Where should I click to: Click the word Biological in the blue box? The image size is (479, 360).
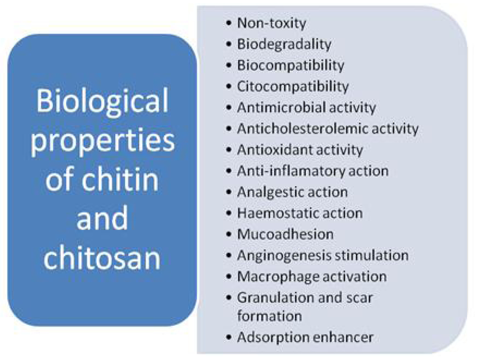click(x=102, y=103)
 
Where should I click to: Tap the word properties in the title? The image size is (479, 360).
click(x=103, y=141)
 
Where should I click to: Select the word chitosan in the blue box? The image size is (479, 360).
click(x=102, y=257)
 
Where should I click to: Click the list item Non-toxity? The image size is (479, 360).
click(x=272, y=23)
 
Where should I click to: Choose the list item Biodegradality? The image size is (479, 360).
click(x=284, y=44)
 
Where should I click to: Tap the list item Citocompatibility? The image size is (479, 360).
click(x=293, y=86)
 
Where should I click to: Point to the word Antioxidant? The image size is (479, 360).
click(x=274, y=150)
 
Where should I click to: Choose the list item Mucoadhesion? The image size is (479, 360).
click(x=285, y=234)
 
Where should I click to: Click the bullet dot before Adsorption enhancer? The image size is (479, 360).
click(x=228, y=337)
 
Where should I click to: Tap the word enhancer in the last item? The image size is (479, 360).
click(x=343, y=337)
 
